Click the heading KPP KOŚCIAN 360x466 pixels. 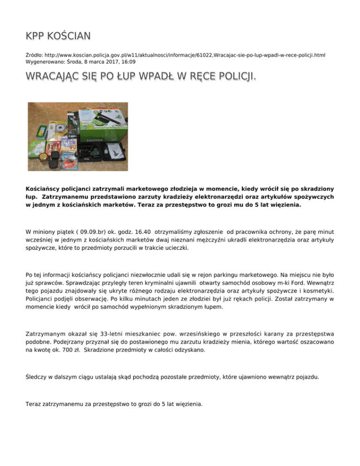coord(58,36)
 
